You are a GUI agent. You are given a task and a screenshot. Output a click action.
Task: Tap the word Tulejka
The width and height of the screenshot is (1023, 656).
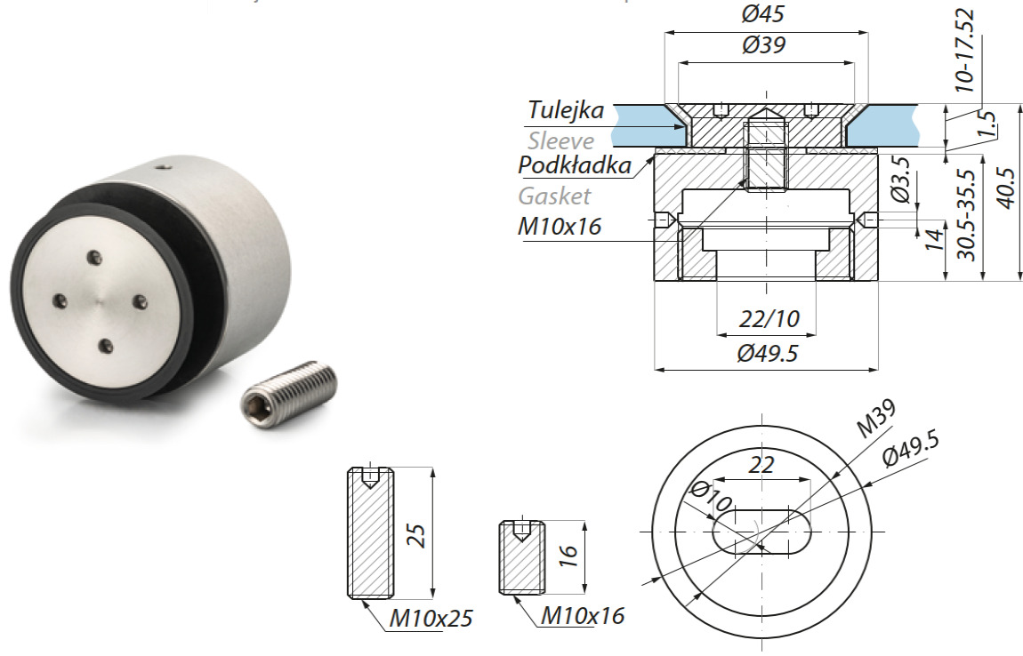click(566, 111)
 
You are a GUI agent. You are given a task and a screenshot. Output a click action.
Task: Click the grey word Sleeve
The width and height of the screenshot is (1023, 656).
click(560, 140)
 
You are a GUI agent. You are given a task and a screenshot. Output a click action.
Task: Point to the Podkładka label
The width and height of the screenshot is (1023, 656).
click(575, 166)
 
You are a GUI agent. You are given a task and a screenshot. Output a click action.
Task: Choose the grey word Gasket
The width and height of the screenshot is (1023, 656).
click(554, 196)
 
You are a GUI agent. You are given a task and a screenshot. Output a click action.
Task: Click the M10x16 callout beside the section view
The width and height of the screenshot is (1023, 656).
click(559, 227)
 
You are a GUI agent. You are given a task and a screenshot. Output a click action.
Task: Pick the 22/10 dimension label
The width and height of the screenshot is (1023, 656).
click(767, 317)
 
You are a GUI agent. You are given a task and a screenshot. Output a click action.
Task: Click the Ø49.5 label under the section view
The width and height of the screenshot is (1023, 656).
click(767, 354)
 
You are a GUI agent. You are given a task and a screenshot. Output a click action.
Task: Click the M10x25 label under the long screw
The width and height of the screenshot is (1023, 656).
click(431, 619)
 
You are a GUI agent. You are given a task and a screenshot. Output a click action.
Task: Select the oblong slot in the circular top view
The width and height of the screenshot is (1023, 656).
click(762, 532)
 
